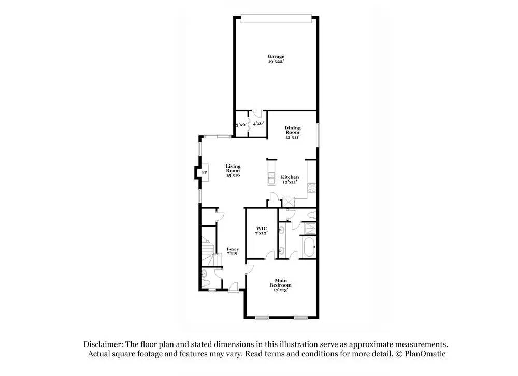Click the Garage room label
point(276,59)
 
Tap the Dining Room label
point(292,132)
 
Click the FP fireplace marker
point(204,172)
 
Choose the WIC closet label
point(261,231)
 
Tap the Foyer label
point(233,251)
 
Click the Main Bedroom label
point(281,285)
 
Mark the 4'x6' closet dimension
point(258,124)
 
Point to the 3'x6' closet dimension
point(241,125)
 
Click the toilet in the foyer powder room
point(205,275)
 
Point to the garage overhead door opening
point(277,19)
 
